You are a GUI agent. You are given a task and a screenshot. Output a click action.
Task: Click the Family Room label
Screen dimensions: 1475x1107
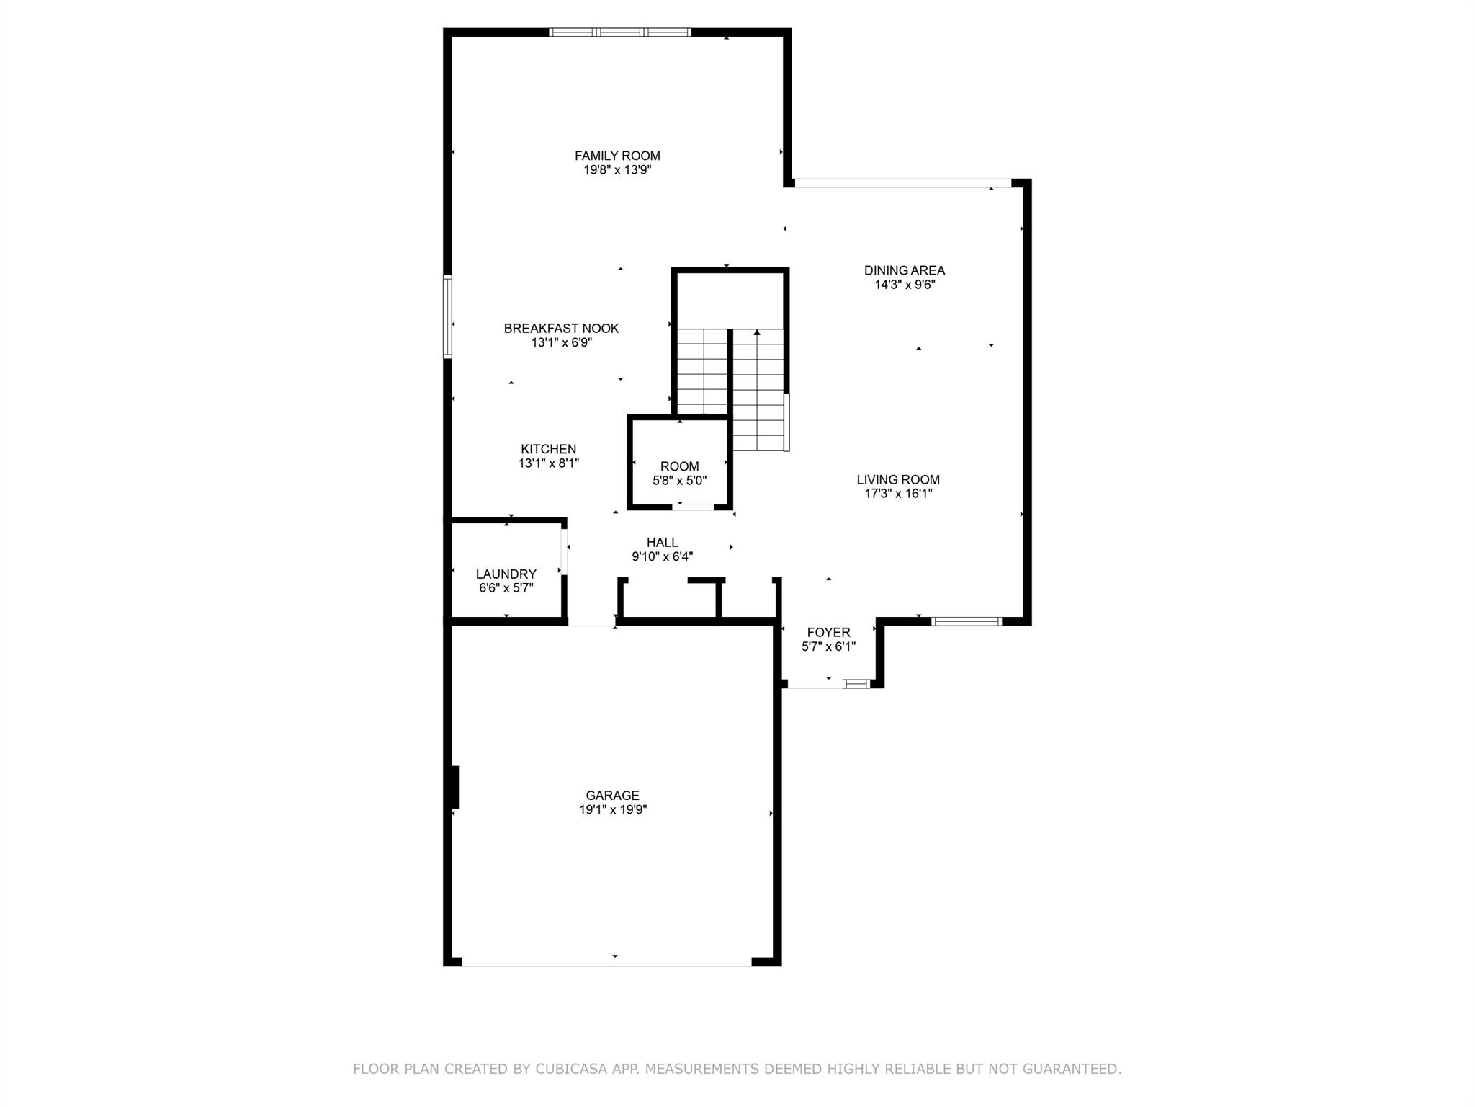(x=617, y=156)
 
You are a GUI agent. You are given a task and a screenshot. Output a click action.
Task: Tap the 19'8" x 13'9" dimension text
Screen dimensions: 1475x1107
(x=617, y=170)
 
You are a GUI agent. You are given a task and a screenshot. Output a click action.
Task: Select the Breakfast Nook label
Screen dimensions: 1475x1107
(x=561, y=329)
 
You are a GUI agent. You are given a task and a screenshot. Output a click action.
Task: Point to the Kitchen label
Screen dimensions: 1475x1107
(x=549, y=449)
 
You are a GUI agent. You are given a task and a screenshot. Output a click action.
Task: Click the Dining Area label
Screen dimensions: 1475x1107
(x=905, y=270)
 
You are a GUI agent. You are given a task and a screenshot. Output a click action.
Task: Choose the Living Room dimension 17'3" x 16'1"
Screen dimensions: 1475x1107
(x=898, y=494)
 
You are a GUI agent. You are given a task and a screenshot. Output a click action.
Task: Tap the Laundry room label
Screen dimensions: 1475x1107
(x=506, y=574)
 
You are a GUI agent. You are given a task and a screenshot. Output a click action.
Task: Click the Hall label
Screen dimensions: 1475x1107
(x=662, y=542)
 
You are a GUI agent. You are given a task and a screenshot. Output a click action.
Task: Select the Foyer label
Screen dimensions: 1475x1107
(x=828, y=632)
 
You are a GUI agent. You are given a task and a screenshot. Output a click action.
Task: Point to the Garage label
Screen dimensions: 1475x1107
(x=612, y=795)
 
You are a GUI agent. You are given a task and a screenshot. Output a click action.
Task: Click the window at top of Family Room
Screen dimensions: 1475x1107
(x=620, y=32)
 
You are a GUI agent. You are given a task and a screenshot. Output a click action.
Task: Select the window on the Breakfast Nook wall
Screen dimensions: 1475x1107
(x=447, y=316)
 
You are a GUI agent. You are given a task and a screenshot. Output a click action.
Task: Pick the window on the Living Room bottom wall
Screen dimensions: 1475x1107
(x=966, y=621)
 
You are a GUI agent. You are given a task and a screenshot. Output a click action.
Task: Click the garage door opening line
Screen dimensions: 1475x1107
(x=606, y=965)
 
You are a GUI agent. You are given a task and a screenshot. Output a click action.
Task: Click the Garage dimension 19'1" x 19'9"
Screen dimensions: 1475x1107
(x=613, y=809)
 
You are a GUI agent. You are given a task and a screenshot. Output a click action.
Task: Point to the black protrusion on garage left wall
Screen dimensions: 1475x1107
(x=455, y=787)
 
